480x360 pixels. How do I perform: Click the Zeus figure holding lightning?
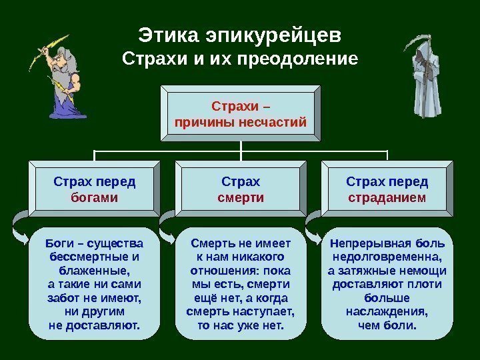coord(63,83)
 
